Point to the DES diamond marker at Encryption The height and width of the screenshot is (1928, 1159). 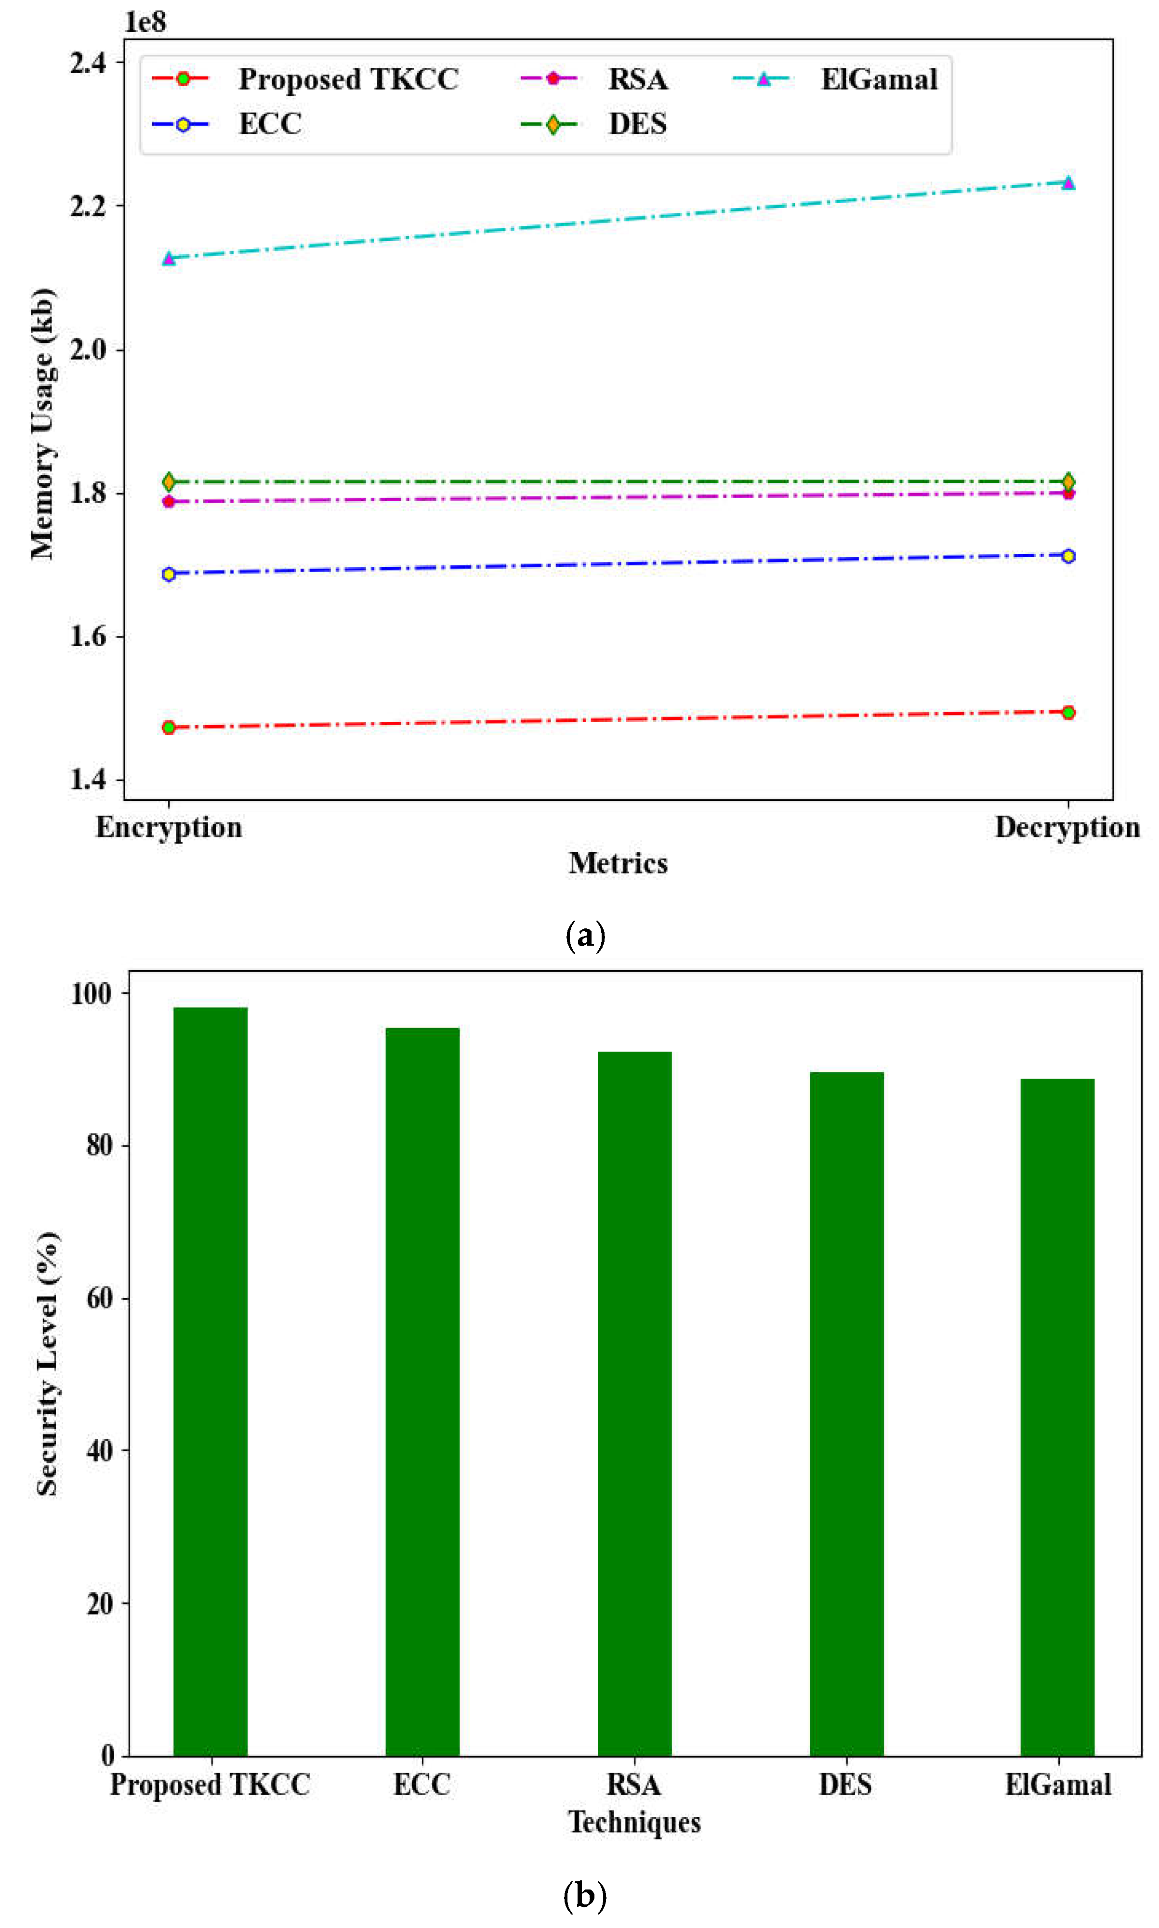(169, 482)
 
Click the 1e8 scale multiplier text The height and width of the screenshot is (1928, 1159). (145, 22)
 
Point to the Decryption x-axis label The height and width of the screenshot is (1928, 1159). (1067, 827)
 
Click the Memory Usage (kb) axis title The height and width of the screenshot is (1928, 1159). (42, 424)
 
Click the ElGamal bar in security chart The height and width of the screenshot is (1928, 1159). (1057, 1417)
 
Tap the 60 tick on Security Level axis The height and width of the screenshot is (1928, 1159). (99, 1298)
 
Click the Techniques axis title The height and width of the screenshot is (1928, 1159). (634, 1822)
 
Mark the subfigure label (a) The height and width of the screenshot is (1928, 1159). (585, 934)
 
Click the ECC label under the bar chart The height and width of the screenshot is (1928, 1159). (421, 1785)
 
